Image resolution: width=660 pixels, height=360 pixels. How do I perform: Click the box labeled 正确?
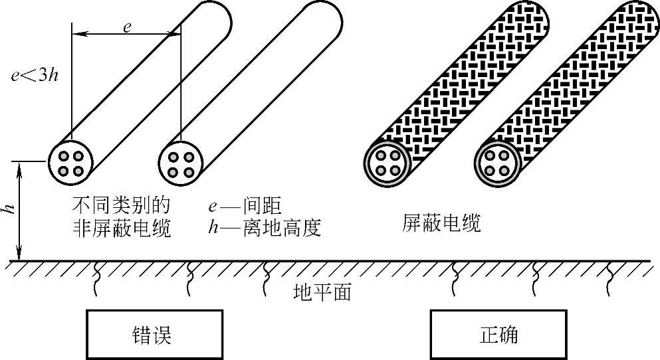click(x=498, y=335)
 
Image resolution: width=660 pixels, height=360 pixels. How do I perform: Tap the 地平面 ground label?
click(x=322, y=292)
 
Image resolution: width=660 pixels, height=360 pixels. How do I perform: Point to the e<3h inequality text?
click(x=39, y=74)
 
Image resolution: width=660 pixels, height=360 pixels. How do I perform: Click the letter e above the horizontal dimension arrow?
click(x=127, y=27)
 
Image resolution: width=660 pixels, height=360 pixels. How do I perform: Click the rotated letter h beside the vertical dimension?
click(x=9, y=209)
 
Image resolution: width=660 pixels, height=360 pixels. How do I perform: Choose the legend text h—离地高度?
click(x=264, y=228)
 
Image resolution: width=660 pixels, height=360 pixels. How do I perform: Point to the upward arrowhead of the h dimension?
click(x=20, y=166)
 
